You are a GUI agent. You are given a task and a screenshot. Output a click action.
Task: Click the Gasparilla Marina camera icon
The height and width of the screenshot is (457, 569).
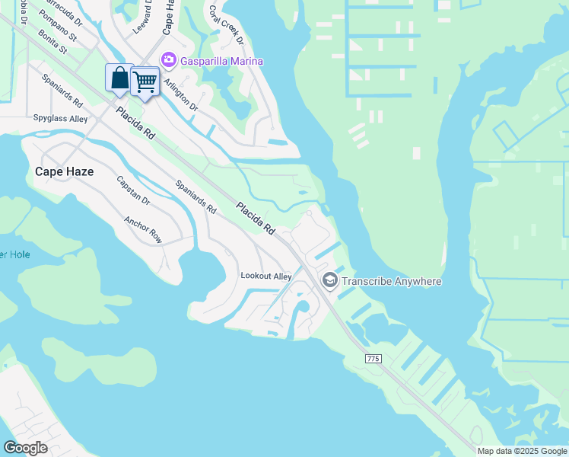pyautogui.click(x=168, y=60)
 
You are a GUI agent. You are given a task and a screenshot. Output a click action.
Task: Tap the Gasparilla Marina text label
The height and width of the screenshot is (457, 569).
pyautogui.click(x=221, y=61)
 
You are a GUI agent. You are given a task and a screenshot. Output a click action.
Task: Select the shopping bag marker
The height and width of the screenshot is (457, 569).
pyautogui.click(x=119, y=78)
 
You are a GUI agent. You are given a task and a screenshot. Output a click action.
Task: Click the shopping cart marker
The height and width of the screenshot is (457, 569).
pyautogui.click(x=145, y=81)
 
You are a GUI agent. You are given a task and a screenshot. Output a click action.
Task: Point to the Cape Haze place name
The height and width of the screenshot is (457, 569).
pyautogui.click(x=65, y=172)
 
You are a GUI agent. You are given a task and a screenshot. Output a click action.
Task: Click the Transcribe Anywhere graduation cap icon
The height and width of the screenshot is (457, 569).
pyautogui.click(x=329, y=281)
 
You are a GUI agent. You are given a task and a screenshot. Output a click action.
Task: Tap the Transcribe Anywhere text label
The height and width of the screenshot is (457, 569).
pyautogui.click(x=391, y=282)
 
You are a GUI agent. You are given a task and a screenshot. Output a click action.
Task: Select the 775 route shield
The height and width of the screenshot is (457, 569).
pyautogui.click(x=373, y=358)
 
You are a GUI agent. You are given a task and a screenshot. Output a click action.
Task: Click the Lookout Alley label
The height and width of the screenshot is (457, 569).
pyautogui.click(x=266, y=276)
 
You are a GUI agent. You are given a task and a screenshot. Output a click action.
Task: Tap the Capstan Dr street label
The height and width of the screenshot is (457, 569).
pyautogui.click(x=133, y=193)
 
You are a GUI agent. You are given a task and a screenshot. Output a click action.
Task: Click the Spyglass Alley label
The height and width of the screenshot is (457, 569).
pyautogui.click(x=60, y=119)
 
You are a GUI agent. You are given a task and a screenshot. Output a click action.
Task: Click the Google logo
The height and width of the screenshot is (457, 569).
pyautogui.click(x=25, y=448)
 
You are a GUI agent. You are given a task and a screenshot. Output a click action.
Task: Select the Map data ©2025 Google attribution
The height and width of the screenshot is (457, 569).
pyautogui.click(x=521, y=451)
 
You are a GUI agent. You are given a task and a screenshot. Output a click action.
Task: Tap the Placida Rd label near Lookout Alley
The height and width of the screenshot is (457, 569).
pyautogui.click(x=256, y=217)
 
